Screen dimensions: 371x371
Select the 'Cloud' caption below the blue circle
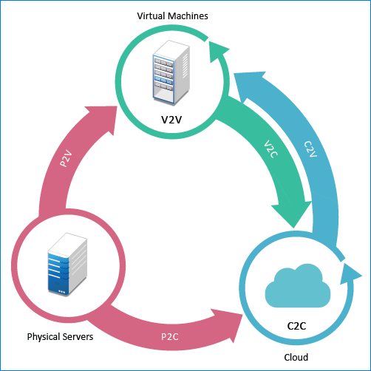point(296,357)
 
